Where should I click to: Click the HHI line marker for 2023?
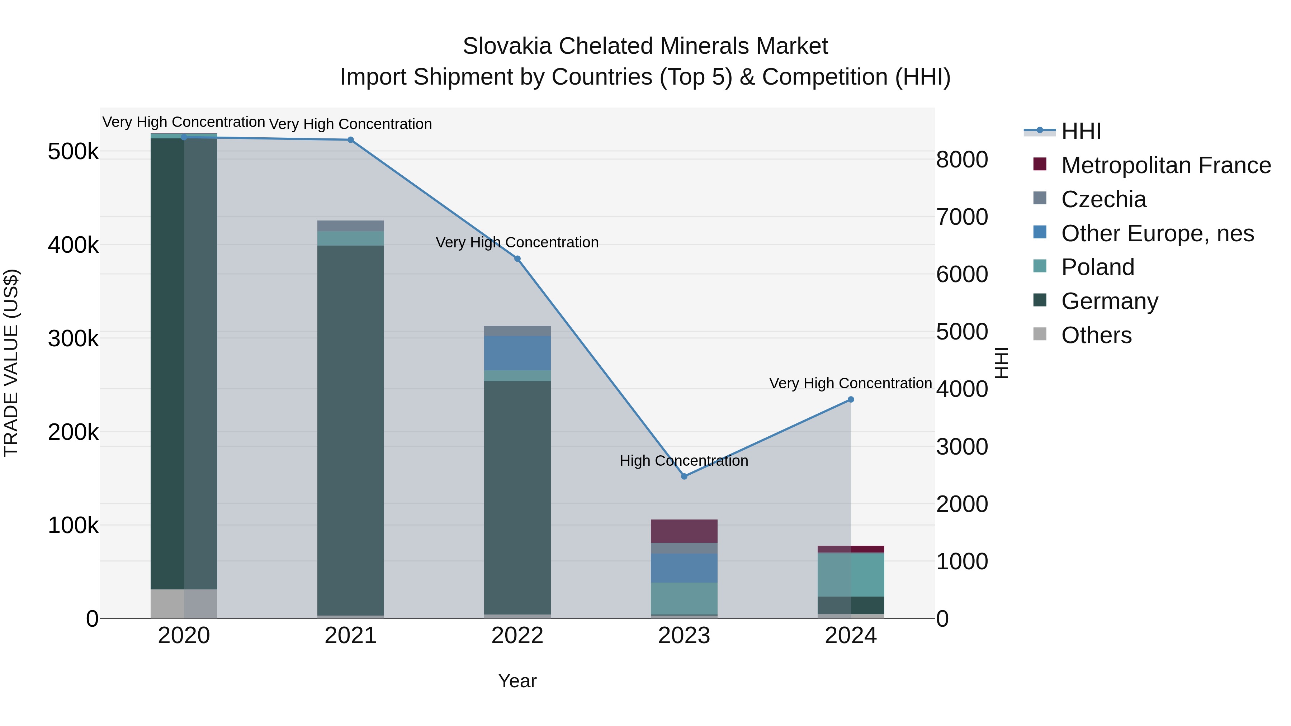coord(684,476)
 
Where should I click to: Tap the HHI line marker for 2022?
coord(518,259)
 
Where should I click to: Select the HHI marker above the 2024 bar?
coord(851,400)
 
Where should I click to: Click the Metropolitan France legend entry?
coord(1166,165)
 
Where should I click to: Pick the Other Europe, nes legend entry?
coord(1157,233)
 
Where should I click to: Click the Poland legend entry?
coord(1098,267)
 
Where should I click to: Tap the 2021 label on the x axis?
coord(350,636)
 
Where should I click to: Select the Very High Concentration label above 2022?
coord(517,242)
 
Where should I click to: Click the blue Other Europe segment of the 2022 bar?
coord(517,353)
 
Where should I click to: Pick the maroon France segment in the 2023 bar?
coord(684,531)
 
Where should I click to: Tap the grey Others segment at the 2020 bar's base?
coord(184,604)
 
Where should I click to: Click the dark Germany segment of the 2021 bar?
coord(350,426)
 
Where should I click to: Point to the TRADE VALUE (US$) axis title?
coord(11,363)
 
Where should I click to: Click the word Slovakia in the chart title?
coord(507,46)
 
